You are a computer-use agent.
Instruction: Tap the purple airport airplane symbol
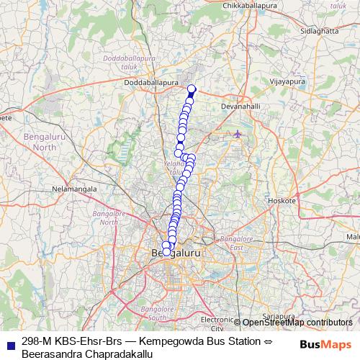tap(238, 134)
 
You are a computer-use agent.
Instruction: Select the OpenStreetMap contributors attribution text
tap(297, 323)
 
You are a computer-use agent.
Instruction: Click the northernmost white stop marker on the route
tap(192, 89)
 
